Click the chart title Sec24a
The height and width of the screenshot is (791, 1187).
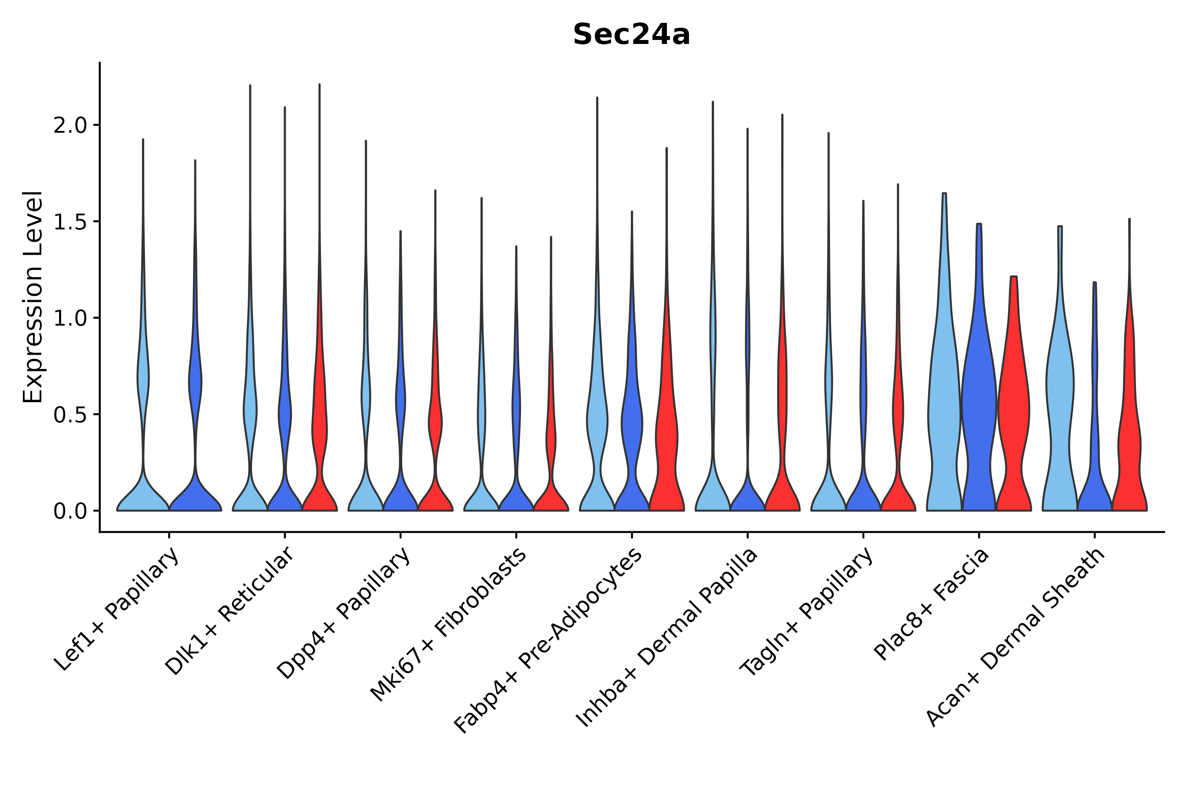coord(631,35)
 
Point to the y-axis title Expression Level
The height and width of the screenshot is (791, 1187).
coord(33,297)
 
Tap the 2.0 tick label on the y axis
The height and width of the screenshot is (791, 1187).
coord(70,126)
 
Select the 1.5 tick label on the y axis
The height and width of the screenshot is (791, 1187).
coord(70,222)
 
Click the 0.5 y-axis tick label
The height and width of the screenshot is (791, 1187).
coord(70,415)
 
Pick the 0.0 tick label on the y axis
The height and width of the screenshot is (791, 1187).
coord(70,512)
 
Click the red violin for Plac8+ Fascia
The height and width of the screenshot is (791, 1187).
coord(1013,403)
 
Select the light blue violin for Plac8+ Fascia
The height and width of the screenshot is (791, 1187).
coord(944,403)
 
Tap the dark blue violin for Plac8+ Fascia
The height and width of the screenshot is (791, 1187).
coord(979,403)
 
